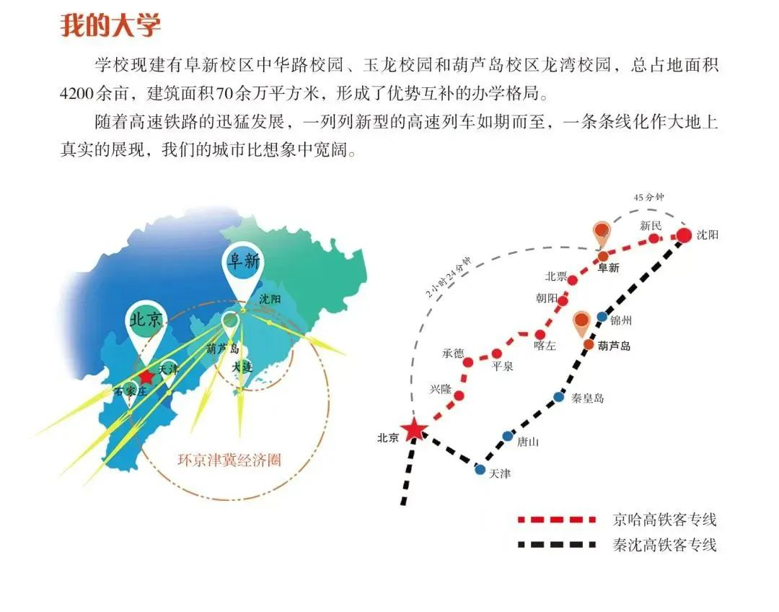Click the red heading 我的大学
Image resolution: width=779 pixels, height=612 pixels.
coord(110,25)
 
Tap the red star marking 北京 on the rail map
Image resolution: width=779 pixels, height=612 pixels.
coord(413,430)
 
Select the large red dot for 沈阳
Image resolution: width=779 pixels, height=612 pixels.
coord(684,235)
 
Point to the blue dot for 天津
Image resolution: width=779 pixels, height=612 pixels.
coord(480,469)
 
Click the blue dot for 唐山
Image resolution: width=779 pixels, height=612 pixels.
coord(507,436)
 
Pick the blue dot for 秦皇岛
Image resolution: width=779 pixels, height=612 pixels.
coord(559,397)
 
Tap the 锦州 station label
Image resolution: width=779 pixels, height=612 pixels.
coord(621,320)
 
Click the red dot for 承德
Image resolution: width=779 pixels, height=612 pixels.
coord(468,362)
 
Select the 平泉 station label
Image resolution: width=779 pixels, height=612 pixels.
coord(502,367)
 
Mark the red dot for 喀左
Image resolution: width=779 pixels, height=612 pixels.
coord(540,335)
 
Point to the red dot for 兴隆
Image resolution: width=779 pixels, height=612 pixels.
coord(459,395)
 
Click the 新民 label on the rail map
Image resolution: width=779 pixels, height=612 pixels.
coord(651,226)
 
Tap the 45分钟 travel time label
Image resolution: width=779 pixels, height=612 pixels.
coord(648,197)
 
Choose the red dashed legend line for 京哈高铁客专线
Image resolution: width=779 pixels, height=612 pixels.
coord(556,520)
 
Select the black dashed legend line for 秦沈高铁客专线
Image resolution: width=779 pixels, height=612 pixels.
coord(556,545)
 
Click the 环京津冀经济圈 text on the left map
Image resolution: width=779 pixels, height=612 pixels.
coord(229,460)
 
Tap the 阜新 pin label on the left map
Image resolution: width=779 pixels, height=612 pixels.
coord(244,261)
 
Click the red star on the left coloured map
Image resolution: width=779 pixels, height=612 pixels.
coord(146,377)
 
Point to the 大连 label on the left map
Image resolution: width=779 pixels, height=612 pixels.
coord(242,367)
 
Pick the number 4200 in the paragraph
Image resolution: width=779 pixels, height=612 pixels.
coord(77,93)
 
